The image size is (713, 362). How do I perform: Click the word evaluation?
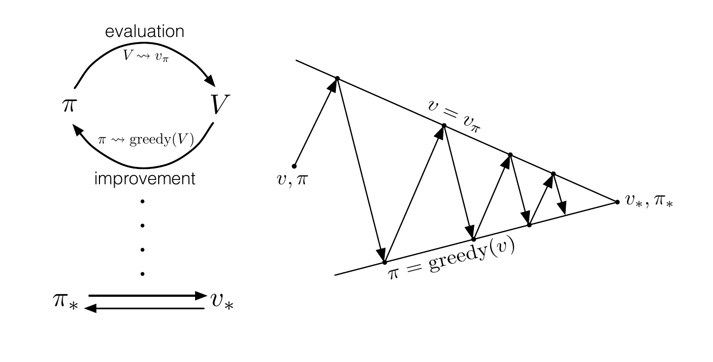(145, 32)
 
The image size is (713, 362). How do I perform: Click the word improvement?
(145, 179)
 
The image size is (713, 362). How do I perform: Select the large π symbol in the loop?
(70, 104)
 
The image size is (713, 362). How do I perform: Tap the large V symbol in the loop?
(220, 104)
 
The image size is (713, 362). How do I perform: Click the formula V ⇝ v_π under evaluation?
(145, 57)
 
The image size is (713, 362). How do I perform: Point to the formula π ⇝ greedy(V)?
(145, 139)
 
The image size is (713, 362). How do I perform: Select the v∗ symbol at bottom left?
(222, 301)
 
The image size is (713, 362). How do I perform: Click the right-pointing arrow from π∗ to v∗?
(147, 296)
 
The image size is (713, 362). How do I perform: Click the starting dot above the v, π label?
(294, 165)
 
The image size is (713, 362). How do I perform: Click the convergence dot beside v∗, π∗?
(617, 202)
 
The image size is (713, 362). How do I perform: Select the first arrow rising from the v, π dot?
(316, 122)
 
